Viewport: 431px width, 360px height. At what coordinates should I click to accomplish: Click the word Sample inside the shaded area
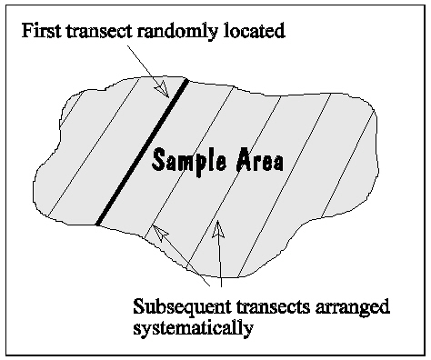click(187, 161)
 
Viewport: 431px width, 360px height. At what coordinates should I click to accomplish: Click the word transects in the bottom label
click(266, 306)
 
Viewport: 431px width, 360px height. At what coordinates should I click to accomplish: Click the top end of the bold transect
click(185, 82)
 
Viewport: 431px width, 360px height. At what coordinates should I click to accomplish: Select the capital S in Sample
click(159, 160)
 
